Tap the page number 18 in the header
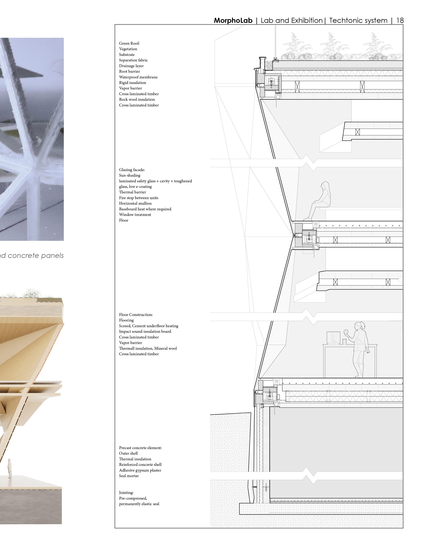400,20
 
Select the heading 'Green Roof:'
129,43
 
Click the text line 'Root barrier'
129,72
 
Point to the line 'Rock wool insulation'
137,99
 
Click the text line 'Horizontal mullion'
135,203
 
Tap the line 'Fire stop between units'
139,198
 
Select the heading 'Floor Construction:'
136,315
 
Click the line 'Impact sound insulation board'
145,332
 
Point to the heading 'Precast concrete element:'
140,448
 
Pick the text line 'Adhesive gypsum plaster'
140,470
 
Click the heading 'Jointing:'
126,493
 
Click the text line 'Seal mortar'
129,476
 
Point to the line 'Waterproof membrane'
138,77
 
